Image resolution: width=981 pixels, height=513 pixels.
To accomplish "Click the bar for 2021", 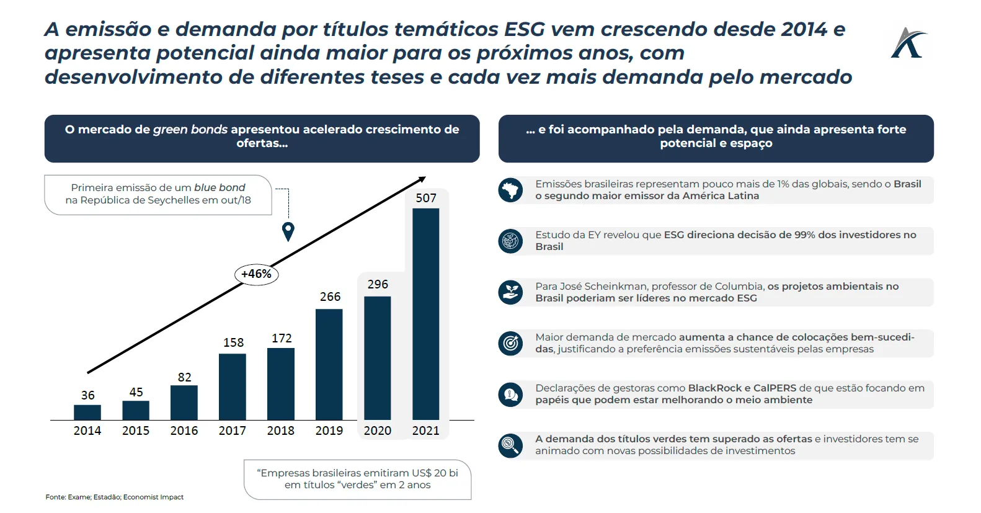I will click(425, 314).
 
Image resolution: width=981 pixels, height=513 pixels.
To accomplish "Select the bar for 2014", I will click(87, 413).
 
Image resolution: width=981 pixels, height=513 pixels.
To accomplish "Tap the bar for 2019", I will click(329, 364).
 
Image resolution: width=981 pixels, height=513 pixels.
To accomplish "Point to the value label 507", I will click(426, 198).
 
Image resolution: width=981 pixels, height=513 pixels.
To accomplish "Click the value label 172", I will click(282, 338).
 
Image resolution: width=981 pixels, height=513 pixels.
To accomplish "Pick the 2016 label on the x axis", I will click(184, 430).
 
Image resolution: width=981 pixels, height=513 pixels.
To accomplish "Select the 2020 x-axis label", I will click(377, 430).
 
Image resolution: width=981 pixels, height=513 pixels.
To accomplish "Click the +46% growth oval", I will click(256, 274).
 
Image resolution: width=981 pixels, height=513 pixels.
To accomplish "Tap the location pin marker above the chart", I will click(288, 231).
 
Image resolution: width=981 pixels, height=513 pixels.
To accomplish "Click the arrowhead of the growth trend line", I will click(422, 180).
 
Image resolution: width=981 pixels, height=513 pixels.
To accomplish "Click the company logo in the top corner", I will click(908, 43).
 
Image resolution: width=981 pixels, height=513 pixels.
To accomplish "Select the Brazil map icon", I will click(510, 190).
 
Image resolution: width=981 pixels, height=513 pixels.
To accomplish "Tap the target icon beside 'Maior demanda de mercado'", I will click(510, 343).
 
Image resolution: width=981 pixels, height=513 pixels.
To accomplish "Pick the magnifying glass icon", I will click(510, 445).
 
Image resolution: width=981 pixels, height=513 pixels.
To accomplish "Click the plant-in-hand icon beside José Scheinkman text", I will click(510, 292).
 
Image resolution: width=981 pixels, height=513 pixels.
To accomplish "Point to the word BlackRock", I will click(714, 388).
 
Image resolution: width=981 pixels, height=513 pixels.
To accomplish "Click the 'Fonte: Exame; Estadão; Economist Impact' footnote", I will click(115, 497).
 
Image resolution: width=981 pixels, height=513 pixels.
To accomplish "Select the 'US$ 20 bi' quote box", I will click(357, 479).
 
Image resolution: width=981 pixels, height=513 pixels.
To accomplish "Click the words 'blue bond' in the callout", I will click(220, 187).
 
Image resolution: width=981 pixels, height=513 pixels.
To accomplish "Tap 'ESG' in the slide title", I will click(524, 29).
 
